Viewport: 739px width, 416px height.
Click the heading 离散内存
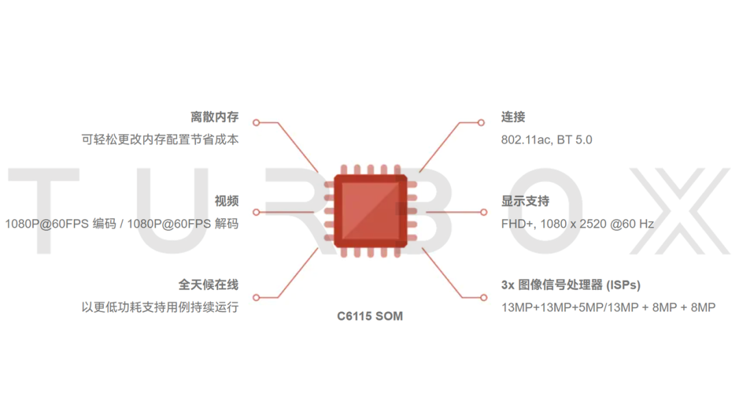tap(214, 117)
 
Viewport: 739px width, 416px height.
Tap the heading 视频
tap(226, 201)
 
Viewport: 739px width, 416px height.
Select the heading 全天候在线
tap(208, 285)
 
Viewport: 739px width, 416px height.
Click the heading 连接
tap(513, 117)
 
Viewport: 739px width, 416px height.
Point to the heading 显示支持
tap(525, 201)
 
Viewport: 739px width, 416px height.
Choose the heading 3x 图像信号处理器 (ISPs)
tap(571, 285)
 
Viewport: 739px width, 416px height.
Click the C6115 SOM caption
tap(370, 316)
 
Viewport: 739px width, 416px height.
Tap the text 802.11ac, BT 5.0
tap(547, 140)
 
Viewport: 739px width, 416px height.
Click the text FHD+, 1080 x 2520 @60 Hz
tap(578, 224)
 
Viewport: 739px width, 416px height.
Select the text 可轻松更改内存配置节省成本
tap(160, 140)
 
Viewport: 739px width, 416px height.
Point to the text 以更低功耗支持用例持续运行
tap(160, 307)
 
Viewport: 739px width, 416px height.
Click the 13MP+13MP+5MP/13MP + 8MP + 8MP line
tap(608, 308)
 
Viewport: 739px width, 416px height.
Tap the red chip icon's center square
tap(370, 211)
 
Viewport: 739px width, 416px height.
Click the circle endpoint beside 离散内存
tap(257, 122)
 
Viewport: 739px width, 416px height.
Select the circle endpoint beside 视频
tap(257, 213)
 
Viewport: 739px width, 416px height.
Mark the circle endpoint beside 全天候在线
tap(257, 297)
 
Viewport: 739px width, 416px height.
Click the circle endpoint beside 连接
tap(481, 122)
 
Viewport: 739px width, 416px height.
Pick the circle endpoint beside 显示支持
tap(484, 213)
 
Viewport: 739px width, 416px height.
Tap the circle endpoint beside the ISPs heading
tap(484, 297)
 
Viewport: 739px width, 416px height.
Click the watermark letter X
tap(680, 211)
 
